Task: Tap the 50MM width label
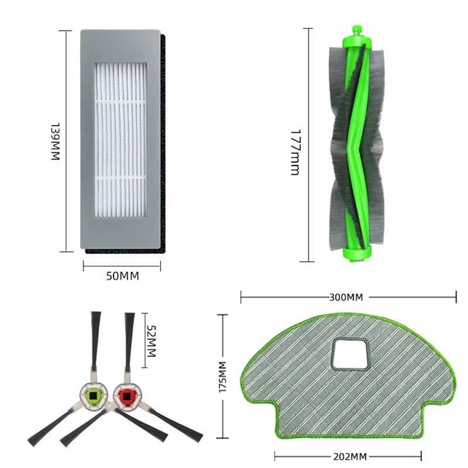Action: click(x=122, y=276)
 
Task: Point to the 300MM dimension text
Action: click(x=346, y=297)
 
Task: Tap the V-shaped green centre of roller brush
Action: click(x=355, y=146)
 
